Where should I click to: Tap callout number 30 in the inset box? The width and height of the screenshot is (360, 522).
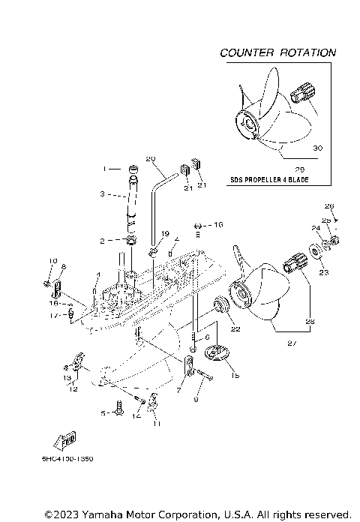316,149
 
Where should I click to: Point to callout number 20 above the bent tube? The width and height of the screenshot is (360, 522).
149,159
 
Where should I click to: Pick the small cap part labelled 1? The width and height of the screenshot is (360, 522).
133,168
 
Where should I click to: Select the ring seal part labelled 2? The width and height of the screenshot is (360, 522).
133,241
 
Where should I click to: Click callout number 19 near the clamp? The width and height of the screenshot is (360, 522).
165,234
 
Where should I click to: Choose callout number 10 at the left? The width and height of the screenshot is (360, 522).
53,261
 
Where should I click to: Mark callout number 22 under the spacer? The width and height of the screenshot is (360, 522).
234,328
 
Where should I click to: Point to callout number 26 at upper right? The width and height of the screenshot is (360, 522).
328,205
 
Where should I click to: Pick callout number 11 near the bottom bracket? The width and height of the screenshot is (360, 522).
157,424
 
